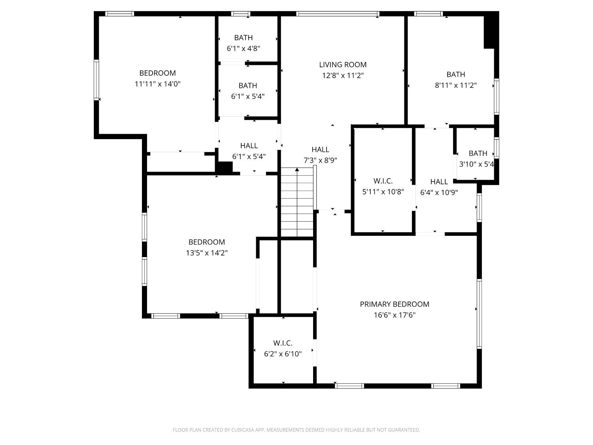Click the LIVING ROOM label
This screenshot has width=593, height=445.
click(x=343, y=64)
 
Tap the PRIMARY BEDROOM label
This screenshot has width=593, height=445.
click(x=394, y=304)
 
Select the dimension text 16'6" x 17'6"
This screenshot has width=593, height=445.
click(x=394, y=315)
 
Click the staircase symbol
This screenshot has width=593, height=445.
click(x=297, y=203)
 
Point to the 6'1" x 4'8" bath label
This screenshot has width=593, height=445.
click(x=243, y=38)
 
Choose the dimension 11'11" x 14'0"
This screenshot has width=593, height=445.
click(x=157, y=84)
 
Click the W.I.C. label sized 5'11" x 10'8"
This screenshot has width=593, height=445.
click(x=383, y=181)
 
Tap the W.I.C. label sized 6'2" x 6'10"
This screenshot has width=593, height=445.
click(x=283, y=343)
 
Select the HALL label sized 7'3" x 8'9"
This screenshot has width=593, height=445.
click(x=320, y=150)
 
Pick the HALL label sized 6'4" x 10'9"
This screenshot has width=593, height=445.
click(x=439, y=182)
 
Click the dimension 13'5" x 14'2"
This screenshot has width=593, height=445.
click(x=206, y=253)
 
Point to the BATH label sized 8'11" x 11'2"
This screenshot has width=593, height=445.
click(x=455, y=74)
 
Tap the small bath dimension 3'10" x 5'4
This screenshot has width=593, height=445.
click(x=476, y=164)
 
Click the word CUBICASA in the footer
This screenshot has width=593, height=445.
click(x=242, y=430)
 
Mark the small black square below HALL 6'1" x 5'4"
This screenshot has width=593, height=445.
click(x=224, y=167)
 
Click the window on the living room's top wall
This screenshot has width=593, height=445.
click(x=338, y=14)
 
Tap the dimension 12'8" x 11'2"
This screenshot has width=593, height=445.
click(x=343, y=76)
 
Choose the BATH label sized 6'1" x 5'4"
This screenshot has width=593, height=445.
click(x=248, y=85)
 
